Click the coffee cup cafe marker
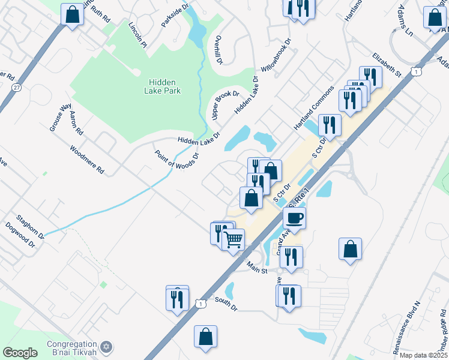click(294, 218)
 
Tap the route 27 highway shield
click(16, 88)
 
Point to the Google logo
click(20, 353)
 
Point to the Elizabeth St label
click(386, 64)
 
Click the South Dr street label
click(226, 304)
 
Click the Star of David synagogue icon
click(107, 347)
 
